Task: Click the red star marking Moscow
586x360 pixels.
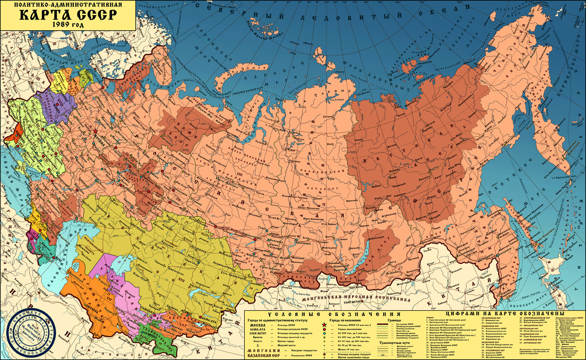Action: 95,132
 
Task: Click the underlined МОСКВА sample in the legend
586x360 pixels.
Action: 257,324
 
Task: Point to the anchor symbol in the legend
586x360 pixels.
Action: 257,344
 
